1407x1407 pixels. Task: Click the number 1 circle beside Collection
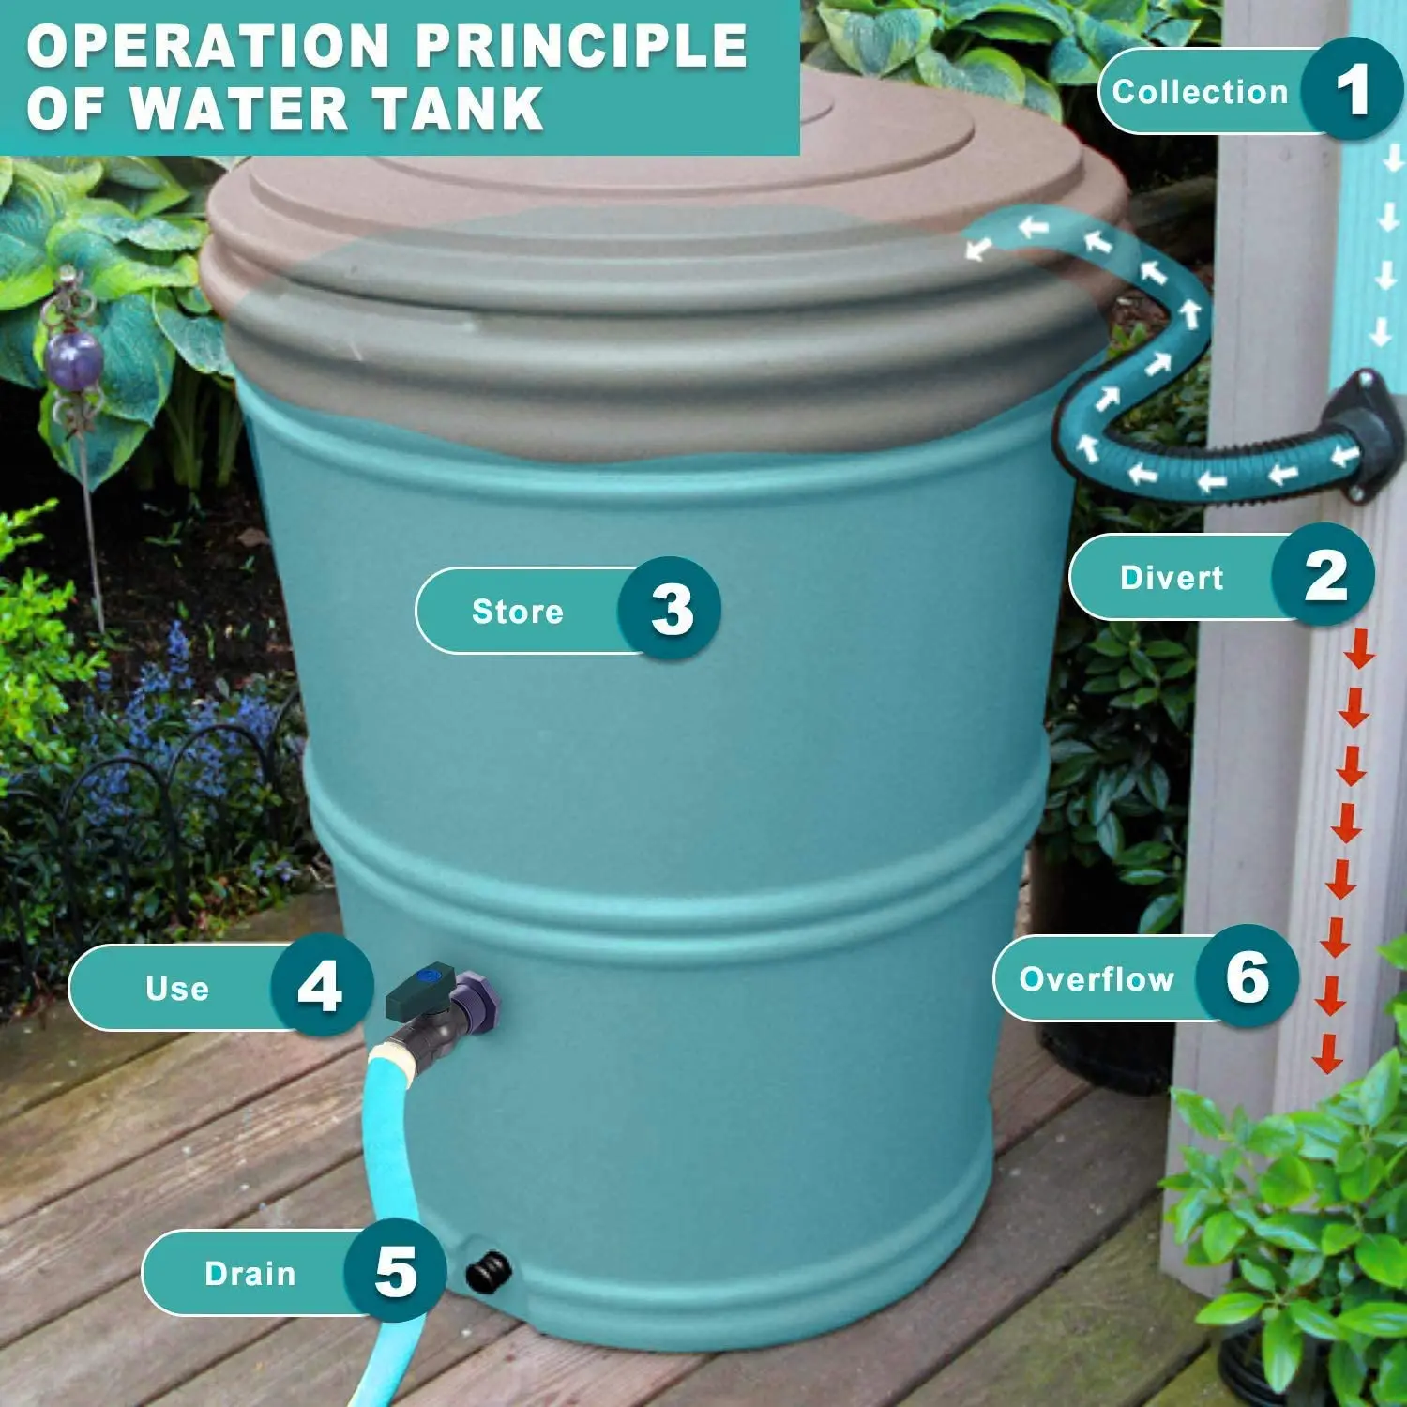(x=1351, y=90)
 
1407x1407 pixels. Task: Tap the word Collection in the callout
(x=1200, y=92)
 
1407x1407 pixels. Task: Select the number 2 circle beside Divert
(x=1324, y=576)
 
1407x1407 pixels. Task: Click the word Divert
(x=1172, y=578)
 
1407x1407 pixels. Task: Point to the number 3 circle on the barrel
(x=670, y=610)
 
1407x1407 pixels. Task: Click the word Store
(x=518, y=612)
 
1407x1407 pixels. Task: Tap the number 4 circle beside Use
(x=321, y=987)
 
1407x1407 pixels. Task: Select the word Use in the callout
(x=177, y=989)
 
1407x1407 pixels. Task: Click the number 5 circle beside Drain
(x=395, y=1272)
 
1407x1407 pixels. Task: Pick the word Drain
(x=250, y=1274)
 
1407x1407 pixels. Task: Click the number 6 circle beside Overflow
(x=1248, y=977)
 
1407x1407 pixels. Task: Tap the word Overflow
(x=1097, y=979)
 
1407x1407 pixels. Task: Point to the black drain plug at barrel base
(x=489, y=1273)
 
